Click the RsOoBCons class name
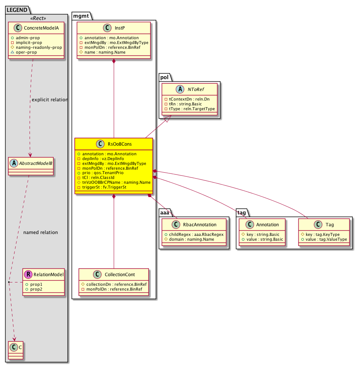tap(120, 144)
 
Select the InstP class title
tap(120, 28)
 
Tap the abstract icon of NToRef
tap(180, 89)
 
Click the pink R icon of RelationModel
tap(28, 274)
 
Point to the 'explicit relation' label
tap(50, 100)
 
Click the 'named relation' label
tap(41, 232)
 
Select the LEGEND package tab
tap(17, 10)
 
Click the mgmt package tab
tap(81, 16)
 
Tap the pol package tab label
tap(164, 77)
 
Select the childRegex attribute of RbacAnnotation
tap(194, 234)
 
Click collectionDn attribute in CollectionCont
tap(114, 284)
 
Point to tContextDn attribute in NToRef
tap(187, 99)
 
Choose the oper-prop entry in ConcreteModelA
tap(24, 52)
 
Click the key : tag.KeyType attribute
tap(320, 234)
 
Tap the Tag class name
tap(330, 224)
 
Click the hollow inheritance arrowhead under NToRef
tap(168, 119)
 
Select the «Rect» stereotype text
tap(38, 18)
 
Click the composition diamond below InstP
tap(114, 61)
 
